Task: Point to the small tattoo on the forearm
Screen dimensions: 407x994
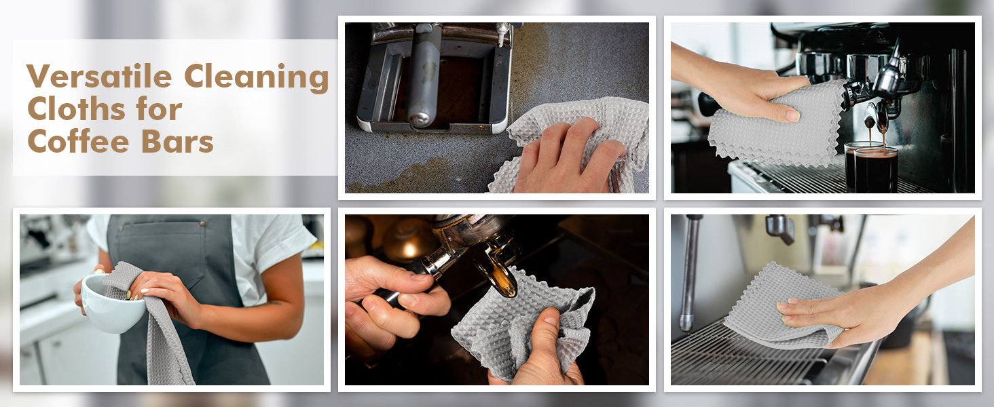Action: [280, 303]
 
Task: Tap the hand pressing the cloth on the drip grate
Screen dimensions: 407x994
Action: [815, 313]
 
